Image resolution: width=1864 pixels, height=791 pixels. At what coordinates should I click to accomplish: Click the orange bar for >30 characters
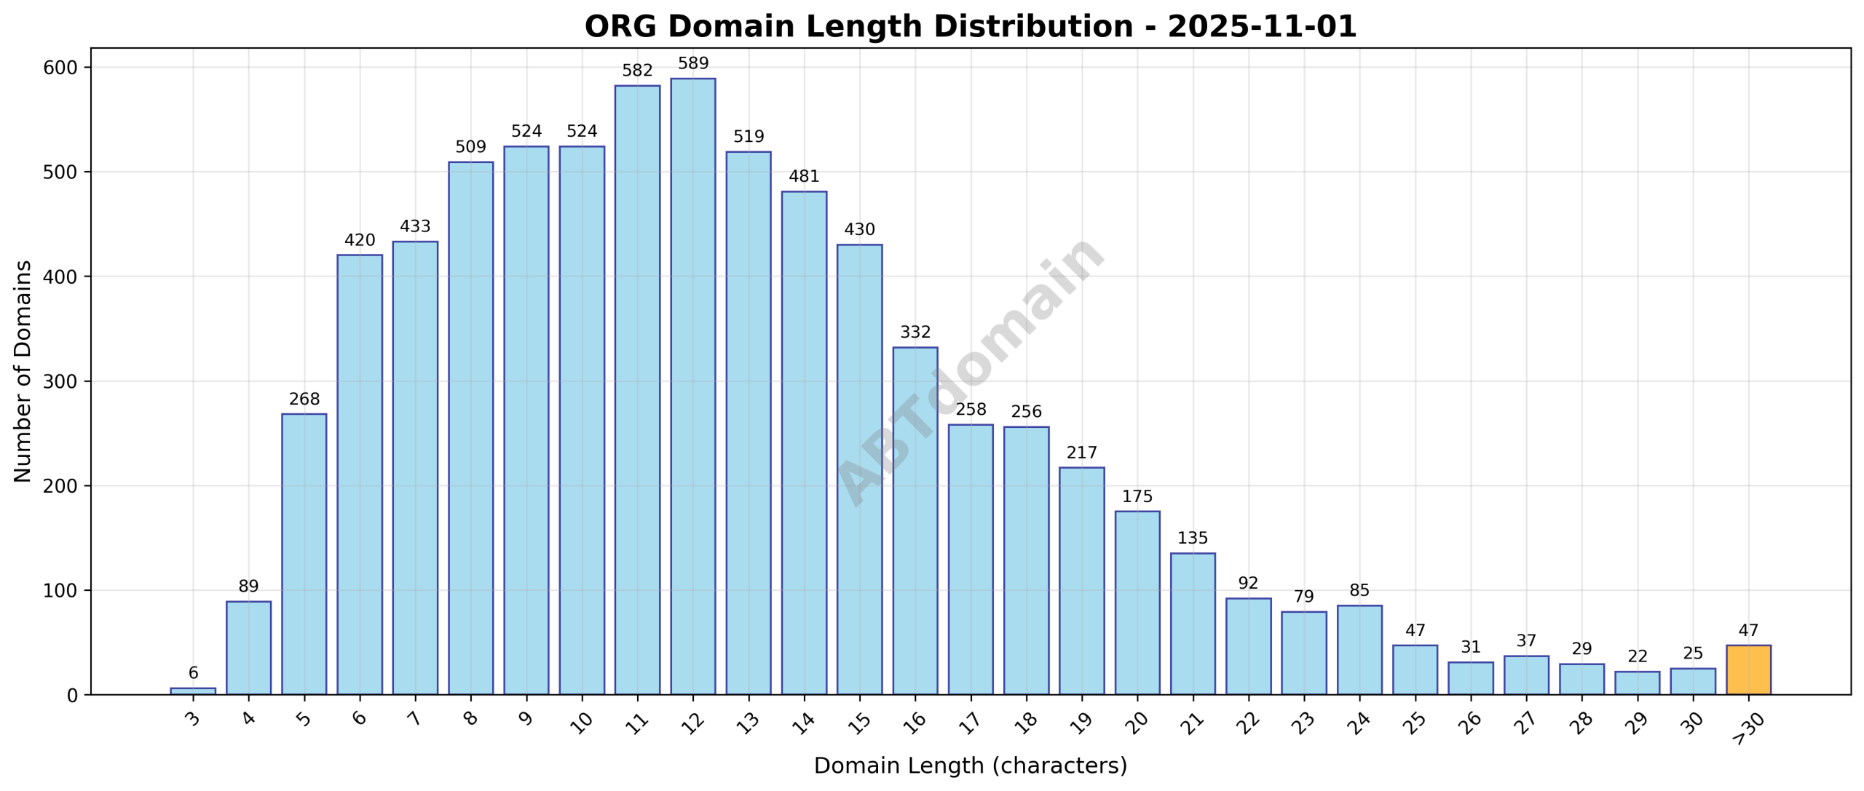1748,669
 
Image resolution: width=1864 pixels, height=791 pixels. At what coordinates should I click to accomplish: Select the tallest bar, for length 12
692,386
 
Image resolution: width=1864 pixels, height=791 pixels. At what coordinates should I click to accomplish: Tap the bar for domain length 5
304,554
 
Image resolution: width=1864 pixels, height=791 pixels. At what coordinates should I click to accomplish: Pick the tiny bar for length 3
193,691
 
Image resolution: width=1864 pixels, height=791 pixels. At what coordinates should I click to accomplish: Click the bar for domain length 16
915,520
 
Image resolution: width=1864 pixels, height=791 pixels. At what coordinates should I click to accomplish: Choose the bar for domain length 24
1359,649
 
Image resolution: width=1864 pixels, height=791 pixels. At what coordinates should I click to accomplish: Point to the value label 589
692,63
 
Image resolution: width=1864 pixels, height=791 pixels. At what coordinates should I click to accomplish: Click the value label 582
637,71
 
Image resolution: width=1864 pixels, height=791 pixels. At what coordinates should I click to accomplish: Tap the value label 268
304,399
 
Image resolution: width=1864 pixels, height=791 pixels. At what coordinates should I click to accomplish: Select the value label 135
1192,538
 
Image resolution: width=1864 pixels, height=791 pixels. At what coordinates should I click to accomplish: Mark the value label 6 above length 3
193,672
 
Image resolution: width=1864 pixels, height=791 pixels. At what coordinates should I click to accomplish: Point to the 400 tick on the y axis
61,277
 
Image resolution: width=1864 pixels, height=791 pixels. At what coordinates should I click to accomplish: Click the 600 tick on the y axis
61,68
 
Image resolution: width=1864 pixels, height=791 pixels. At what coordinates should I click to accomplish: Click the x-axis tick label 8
470,719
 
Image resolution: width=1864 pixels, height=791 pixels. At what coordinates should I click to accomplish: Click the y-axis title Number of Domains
23,371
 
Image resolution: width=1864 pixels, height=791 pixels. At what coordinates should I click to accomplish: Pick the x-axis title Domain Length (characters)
970,766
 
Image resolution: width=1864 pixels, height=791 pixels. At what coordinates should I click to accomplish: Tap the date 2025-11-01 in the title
1262,27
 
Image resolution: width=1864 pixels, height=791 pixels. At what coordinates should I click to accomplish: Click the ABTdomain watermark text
970,371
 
